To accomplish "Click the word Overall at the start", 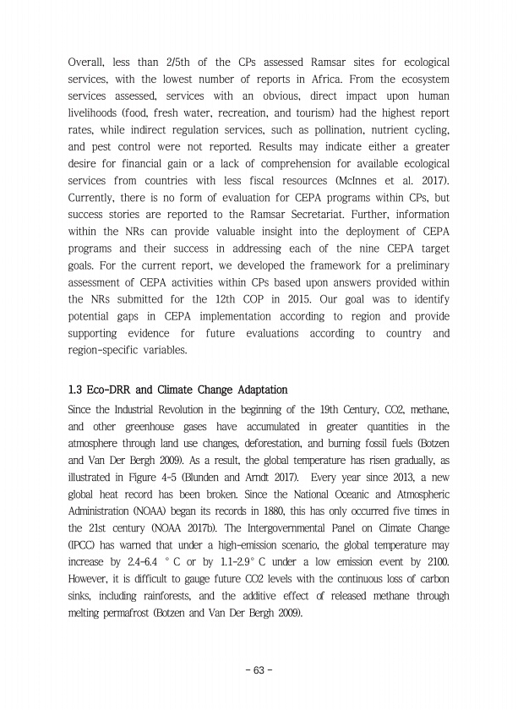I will coord(86,63).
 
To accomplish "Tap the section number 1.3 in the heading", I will coord(75,390).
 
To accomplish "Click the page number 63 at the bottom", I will coord(259,670).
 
